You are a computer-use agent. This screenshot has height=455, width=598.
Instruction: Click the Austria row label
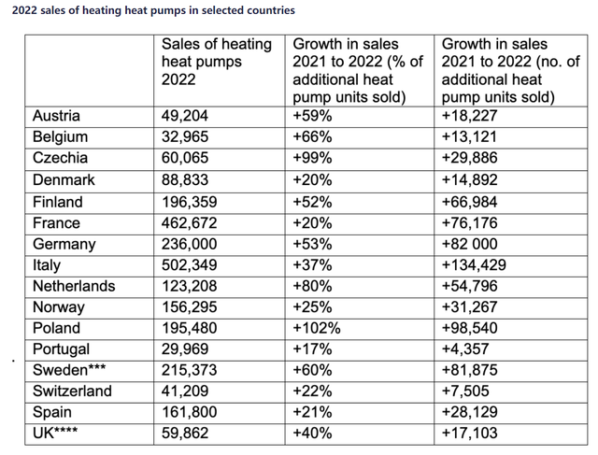[56, 116]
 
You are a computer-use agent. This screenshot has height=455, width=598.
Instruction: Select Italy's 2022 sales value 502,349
[189, 265]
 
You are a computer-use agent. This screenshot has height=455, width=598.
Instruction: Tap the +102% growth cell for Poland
[316, 328]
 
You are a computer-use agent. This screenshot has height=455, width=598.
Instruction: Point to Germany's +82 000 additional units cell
[469, 244]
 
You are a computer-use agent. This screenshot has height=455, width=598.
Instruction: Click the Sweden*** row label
[69, 370]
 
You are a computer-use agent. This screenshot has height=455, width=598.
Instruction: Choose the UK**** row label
[55, 433]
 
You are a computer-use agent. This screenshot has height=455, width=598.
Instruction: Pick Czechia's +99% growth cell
[312, 158]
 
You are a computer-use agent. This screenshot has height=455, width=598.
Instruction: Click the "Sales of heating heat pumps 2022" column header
[217, 62]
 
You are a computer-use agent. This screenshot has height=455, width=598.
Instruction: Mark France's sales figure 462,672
[189, 223]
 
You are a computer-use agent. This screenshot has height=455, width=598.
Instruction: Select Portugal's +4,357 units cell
[465, 349]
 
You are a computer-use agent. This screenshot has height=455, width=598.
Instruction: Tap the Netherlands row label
[74, 286]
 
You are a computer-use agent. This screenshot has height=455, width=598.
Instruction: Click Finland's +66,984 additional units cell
[469, 202]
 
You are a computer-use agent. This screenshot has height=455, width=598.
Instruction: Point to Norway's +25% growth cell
[312, 307]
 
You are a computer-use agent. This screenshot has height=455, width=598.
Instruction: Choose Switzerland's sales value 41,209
[185, 391]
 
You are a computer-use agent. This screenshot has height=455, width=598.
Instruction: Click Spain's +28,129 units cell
[469, 412]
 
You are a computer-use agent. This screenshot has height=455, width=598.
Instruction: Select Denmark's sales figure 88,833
[185, 180]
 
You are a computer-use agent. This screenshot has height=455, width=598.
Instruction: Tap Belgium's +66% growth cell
[312, 137]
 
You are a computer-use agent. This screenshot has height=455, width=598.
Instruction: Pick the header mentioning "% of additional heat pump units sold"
[358, 71]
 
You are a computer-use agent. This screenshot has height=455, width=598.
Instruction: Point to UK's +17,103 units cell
[469, 433]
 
